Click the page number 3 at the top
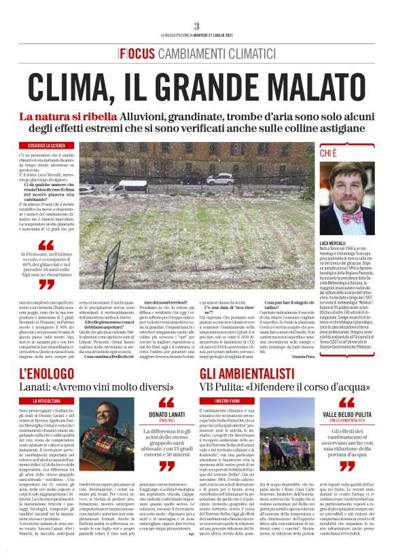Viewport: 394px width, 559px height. pyautogui.click(x=196, y=26)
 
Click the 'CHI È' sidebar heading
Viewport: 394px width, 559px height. pyautogui.click(x=330, y=154)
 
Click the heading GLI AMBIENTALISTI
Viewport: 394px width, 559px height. pyautogui.click(x=244, y=374)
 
